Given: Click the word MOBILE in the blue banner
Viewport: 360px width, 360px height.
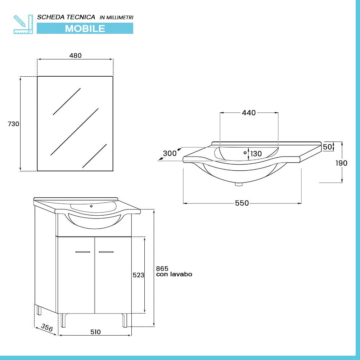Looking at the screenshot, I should click(85, 28).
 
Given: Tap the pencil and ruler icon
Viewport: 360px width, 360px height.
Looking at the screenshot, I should click(23, 24).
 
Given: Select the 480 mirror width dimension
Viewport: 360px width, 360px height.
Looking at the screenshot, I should click(75, 55).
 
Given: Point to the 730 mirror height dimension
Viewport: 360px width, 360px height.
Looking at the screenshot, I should click(13, 124).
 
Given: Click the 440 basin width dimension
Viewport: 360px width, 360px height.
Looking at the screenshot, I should click(248, 113).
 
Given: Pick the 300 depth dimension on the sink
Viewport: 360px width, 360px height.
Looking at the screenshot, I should click(170, 153).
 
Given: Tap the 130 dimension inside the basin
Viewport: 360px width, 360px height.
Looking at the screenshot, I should click(256, 154).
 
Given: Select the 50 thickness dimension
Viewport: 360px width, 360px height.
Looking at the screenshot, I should click(327, 147).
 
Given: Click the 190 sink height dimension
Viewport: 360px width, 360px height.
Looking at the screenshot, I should click(342, 163).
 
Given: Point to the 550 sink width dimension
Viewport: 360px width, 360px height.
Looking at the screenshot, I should click(242, 203).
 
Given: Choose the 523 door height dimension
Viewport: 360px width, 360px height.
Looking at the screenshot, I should click(138, 275).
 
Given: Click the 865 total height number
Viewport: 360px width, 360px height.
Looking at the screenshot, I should click(162, 268).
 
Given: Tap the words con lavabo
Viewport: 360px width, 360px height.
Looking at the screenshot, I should click(174, 274).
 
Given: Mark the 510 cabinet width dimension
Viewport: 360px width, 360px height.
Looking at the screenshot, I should click(95, 332).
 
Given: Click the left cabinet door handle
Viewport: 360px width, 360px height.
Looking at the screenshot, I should click(83, 252).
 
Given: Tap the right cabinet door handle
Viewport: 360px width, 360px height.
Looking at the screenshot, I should click(106, 252).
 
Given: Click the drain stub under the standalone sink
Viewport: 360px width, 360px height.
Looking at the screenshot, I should click(238, 185).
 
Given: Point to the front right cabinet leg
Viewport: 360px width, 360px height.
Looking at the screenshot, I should click(125, 320).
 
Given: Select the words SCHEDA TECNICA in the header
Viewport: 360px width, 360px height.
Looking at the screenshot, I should click(66, 17).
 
